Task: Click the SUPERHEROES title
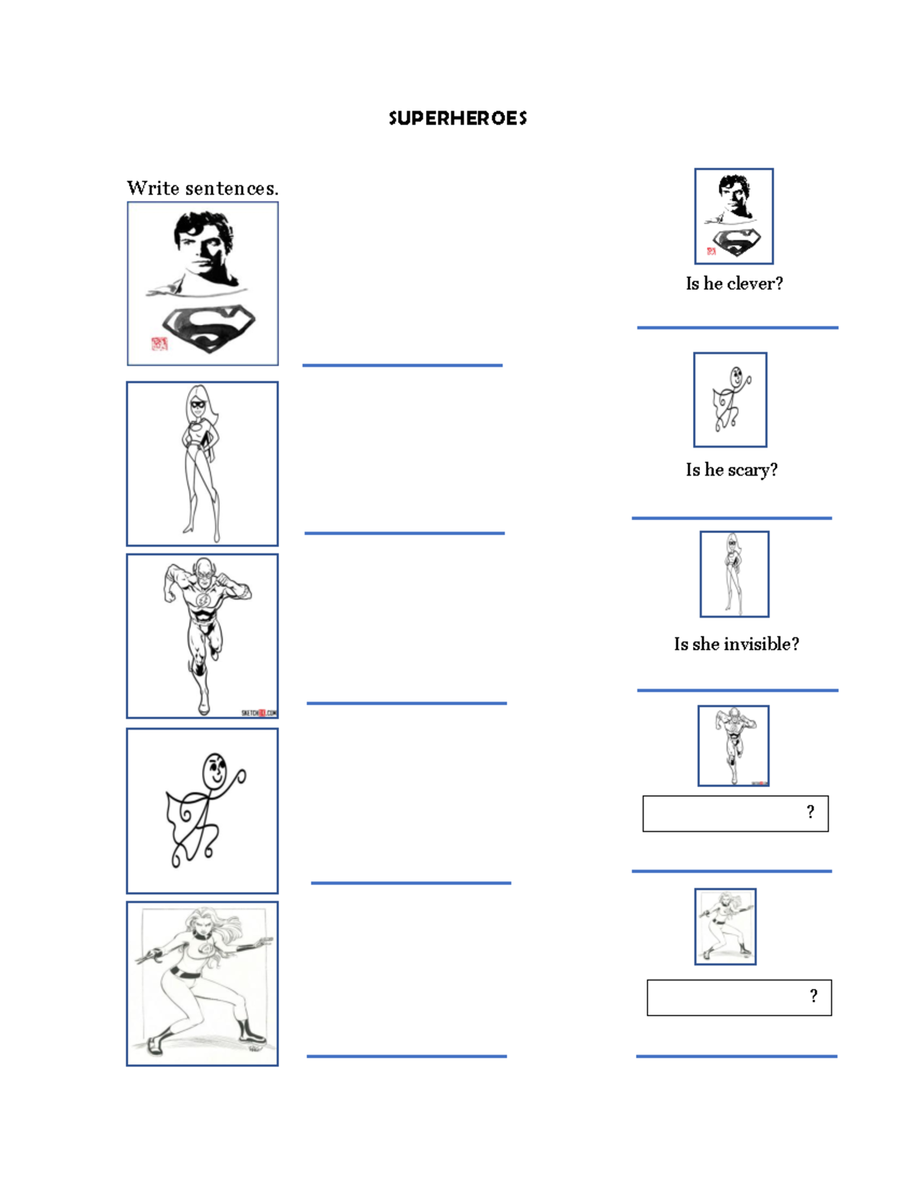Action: (x=457, y=118)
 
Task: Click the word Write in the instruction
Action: (x=152, y=188)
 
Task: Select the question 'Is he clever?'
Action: (x=734, y=284)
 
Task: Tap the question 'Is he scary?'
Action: (x=731, y=470)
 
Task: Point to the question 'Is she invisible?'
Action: (x=736, y=644)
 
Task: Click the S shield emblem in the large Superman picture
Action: (x=208, y=327)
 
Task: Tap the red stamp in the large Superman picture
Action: (x=159, y=344)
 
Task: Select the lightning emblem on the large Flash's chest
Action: (x=203, y=600)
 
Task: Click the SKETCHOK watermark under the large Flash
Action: (x=258, y=713)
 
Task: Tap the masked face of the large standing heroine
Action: (x=198, y=404)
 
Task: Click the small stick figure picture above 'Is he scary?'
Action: (x=730, y=399)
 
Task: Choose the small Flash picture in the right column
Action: (x=733, y=746)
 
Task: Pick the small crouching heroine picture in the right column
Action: (x=725, y=926)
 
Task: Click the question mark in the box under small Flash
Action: (x=810, y=813)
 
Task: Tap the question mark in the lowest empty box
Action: (x=814, y=996)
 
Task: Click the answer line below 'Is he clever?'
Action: (x=737, y=328)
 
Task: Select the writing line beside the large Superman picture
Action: (x=402, y=365)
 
